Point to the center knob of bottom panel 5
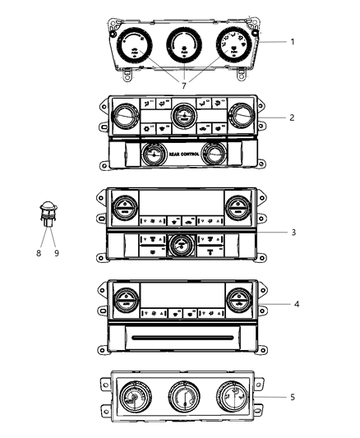point(179,400)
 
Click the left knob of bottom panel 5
point(130,400)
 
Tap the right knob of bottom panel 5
point(228,400)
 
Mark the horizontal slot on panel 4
point(179,337)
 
